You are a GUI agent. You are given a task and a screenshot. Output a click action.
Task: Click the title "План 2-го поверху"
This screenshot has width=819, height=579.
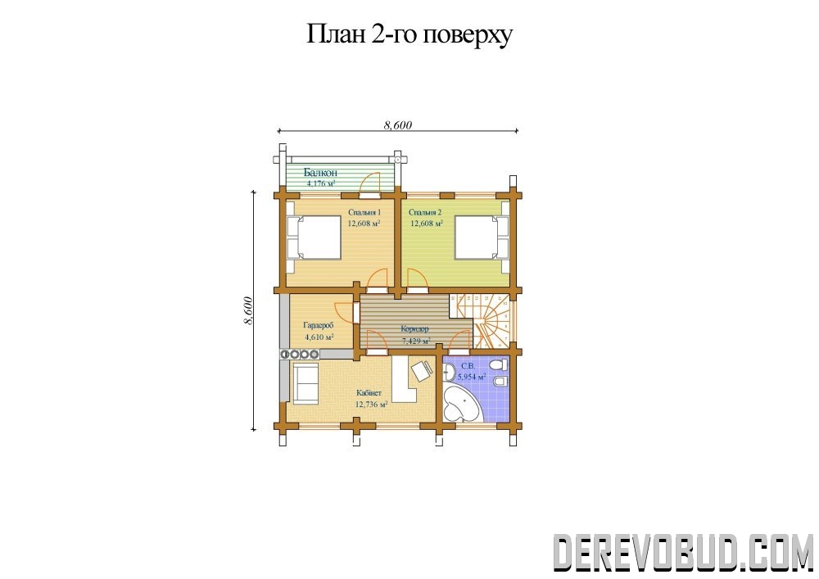coord(409,35)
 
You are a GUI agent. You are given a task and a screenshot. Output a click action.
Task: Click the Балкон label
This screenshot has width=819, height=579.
coord(321,172)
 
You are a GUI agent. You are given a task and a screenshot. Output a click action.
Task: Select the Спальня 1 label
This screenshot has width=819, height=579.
coord(364,212)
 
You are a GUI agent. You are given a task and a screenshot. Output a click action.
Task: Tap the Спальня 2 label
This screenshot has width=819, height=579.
coord(425,212)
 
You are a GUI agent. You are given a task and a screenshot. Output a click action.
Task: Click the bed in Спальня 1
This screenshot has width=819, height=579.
coord(314,238)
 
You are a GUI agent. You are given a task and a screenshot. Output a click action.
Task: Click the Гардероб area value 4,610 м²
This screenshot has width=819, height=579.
coord(319,337)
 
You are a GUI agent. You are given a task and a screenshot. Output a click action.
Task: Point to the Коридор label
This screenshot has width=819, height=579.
coord(414,329)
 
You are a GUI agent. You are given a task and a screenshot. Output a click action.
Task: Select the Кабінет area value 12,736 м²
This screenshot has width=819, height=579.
coord(371,404)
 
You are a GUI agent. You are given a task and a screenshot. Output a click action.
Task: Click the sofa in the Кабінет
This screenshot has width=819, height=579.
coord(305,383)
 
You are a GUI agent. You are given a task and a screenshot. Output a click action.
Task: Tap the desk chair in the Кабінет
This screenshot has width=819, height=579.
coord(421,371)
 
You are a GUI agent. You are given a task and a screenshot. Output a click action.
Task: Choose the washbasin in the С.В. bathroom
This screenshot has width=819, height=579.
coord(449,372)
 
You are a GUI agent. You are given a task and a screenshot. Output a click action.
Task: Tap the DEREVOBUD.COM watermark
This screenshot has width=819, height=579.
coord(683,552)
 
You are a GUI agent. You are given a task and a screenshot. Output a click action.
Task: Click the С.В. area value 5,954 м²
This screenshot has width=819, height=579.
coord(472,376)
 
